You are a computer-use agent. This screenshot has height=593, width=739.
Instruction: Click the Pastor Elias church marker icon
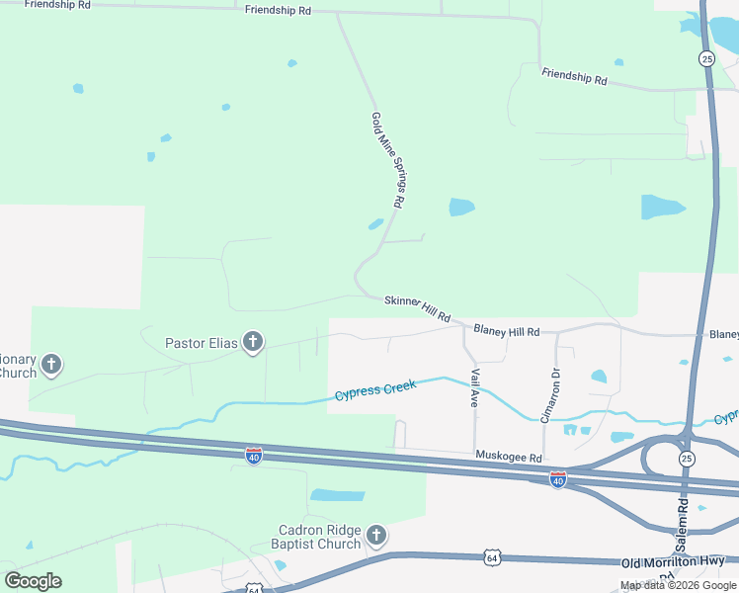[x=253, y=343]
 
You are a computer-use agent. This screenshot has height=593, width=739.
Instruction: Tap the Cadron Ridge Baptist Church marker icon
[x=375, y=536]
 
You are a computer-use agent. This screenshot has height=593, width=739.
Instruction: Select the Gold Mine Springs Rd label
[x=388, y=159]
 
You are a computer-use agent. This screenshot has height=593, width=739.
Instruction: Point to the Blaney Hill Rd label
[x=506, y=331]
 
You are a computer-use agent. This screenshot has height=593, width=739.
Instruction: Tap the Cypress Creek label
[x=375, y=389]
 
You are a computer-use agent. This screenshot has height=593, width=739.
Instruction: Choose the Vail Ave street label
[x=475, y=388]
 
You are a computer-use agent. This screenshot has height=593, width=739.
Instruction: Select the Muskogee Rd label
[x=509, y=458]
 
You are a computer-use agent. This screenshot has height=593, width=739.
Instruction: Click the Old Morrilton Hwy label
[x=672, y=562]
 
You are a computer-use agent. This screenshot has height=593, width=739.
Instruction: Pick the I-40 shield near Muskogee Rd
[x=558, y=479]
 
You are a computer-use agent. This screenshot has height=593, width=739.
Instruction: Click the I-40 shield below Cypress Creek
[x=254, y=456]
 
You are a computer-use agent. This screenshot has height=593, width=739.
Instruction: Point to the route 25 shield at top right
[x=707, y=59]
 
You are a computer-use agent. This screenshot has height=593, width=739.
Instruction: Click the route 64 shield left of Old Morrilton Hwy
[x=493, y=558]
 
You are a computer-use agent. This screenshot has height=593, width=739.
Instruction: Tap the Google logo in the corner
[x=33, y=581]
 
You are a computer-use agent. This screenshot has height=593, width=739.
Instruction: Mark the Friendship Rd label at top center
[x=279, y=10]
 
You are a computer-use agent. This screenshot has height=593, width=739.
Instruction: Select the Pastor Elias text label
[x=202, y=343]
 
